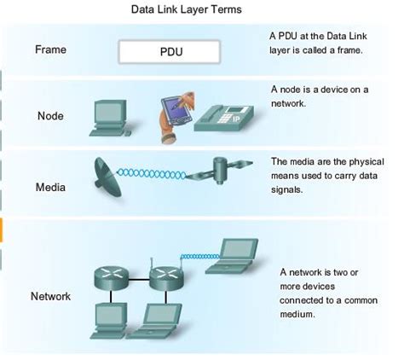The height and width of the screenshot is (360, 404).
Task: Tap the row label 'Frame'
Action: tap(50, 49)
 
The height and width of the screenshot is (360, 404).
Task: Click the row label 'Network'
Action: tap(50, 297)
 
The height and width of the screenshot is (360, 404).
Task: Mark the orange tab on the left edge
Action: tap(3, 229)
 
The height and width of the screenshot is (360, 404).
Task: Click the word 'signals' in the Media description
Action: tap(287, 189)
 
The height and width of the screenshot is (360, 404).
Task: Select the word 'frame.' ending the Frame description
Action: tap(353, 50)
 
